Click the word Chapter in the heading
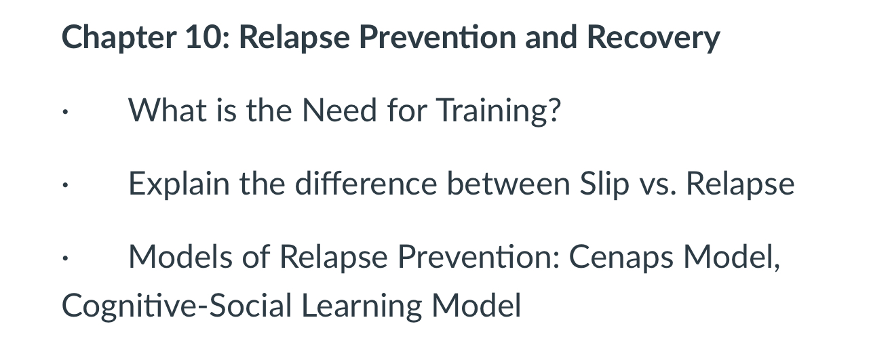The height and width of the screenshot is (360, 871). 115,38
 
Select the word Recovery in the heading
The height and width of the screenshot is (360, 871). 653,38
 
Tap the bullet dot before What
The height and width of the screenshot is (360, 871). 63,115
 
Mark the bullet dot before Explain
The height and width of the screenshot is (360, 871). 63,188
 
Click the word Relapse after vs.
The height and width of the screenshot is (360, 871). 740,184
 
